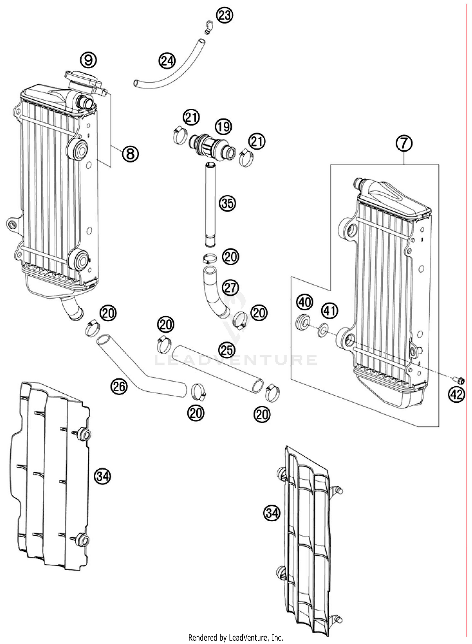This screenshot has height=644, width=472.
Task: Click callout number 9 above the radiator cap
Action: click(88, 60)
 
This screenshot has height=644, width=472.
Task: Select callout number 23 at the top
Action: click(225, 15)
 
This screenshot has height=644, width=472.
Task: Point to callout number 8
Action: click(130, 154)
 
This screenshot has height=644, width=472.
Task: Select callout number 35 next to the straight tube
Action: click(227, 204)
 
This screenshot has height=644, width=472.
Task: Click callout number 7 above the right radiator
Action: click(404, 144)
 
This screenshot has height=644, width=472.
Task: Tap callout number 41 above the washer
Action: click(329, 311)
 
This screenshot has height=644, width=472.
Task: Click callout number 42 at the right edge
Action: click(457, 394)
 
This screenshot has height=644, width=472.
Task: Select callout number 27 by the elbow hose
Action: click(230, 288)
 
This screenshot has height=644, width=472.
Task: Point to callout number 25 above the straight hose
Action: click(227, 350)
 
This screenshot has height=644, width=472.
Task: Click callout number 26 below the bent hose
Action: click(119, 387)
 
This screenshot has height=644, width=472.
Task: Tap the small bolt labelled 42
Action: click(460, 381)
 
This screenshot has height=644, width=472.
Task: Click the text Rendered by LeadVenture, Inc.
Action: click(236, 637)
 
